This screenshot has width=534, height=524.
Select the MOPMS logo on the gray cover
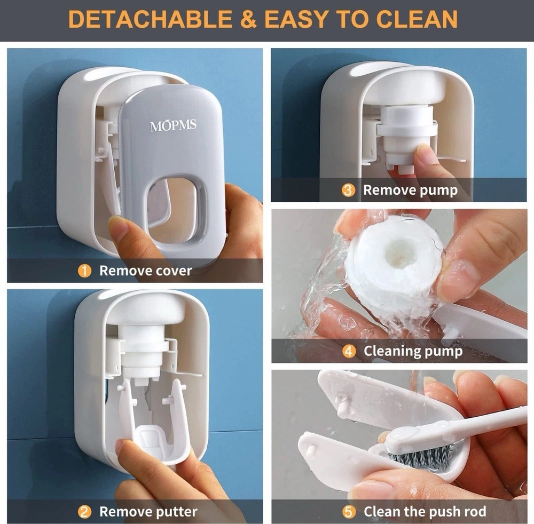point(173,126)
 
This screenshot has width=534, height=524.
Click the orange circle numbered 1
point(84,271)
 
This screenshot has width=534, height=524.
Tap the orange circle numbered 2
point(84,512)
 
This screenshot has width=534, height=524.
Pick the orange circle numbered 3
point(348,190)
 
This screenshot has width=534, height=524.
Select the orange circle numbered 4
point(349,351)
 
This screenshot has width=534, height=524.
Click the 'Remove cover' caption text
point(145,271)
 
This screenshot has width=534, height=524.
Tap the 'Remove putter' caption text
point(148,512)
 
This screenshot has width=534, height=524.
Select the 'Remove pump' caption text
point(410,190)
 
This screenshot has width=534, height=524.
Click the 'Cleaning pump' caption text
point(413,351)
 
